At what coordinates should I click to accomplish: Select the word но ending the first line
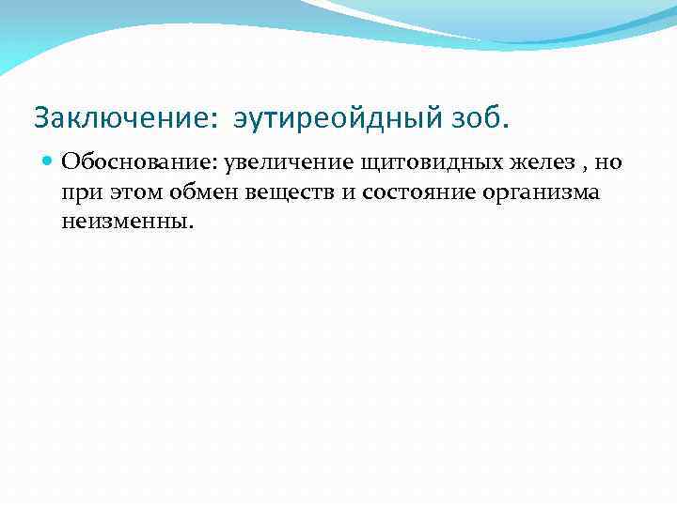click(x=609, y=162)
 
